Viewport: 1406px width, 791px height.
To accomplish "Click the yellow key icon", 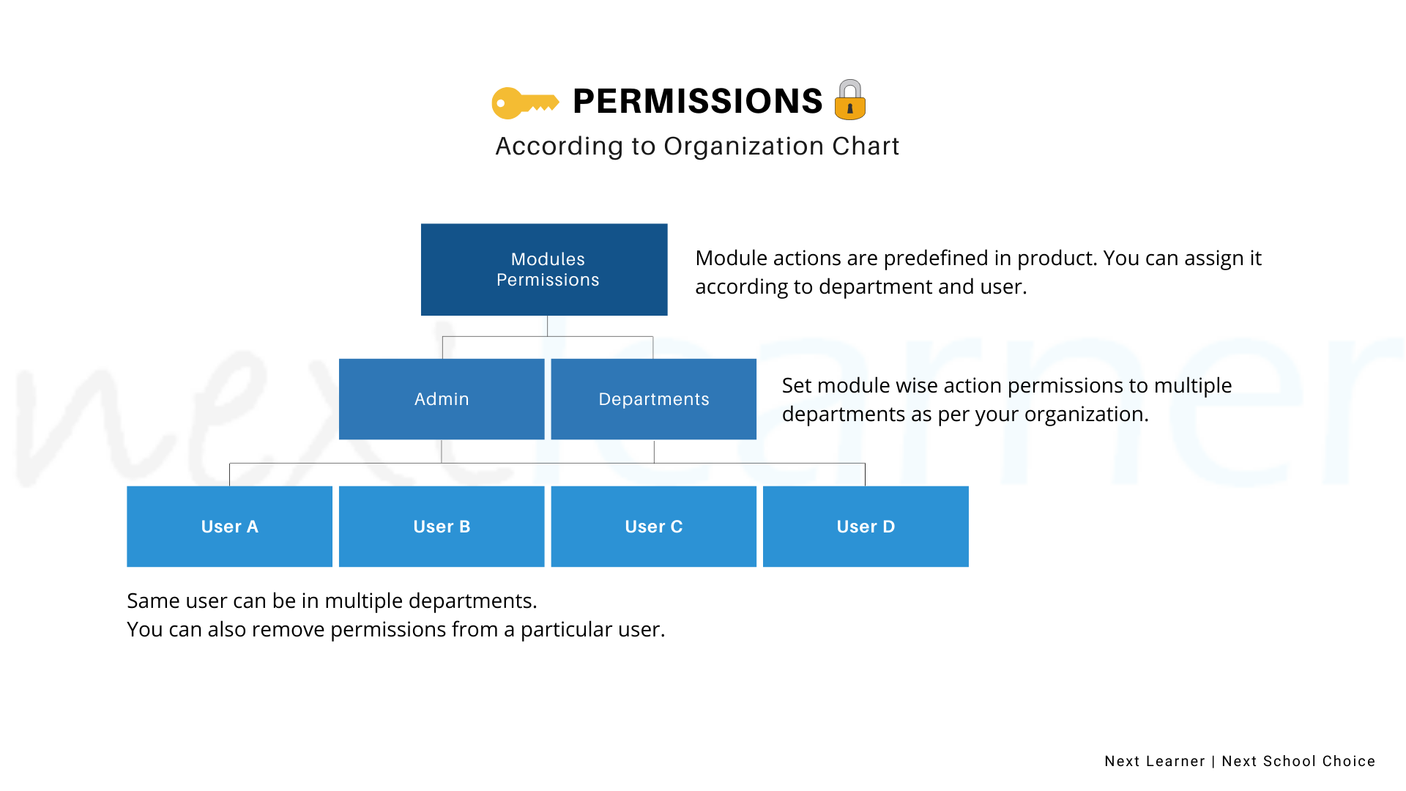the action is tap(525, 103).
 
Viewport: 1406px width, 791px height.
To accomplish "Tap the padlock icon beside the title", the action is tap(850, 100).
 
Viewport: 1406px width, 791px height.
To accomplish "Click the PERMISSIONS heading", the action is tap(698, 101).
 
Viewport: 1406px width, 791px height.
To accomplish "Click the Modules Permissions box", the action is tap(544, 270).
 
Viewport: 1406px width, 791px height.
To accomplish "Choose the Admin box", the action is tap(442, 399).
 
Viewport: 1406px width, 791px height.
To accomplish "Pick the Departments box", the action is tap(654, 399).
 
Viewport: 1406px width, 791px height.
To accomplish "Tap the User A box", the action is tap(230, 527).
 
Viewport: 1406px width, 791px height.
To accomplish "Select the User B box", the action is tap(442, 527).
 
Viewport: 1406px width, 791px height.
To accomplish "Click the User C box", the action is tap(654, 527).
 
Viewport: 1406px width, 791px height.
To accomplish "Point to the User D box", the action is tap(866, 527).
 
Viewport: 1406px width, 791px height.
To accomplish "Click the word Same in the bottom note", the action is tap(154, 601).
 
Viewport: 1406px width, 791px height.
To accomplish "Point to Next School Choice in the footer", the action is tap(1298, 762).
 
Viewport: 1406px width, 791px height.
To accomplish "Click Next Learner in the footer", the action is tap(1155, 762).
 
